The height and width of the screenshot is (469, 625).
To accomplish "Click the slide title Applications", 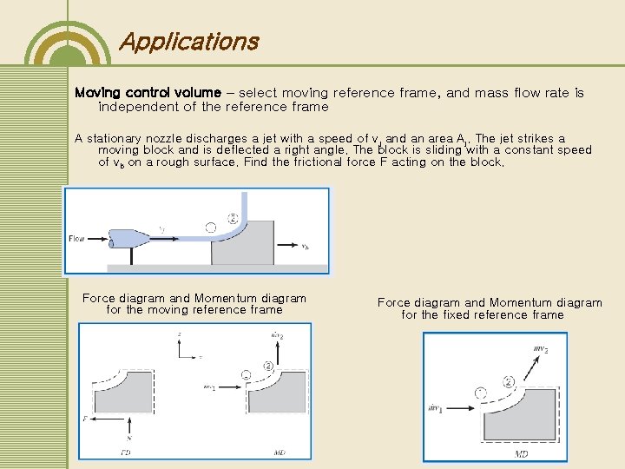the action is click(x=188, y=41).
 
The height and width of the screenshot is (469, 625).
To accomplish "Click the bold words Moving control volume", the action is click(x=153, y=92).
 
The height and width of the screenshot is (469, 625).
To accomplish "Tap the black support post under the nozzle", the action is click(x=131, y=255).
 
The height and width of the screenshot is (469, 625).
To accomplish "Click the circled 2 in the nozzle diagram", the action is click(x=232, y=218).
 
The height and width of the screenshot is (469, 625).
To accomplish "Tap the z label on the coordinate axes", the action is click(x=179, y=333).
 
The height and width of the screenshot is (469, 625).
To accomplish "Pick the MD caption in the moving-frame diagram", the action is click(x=280, y=452).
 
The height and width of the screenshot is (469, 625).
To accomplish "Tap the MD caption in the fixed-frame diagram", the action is click(x=522, y=453).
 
